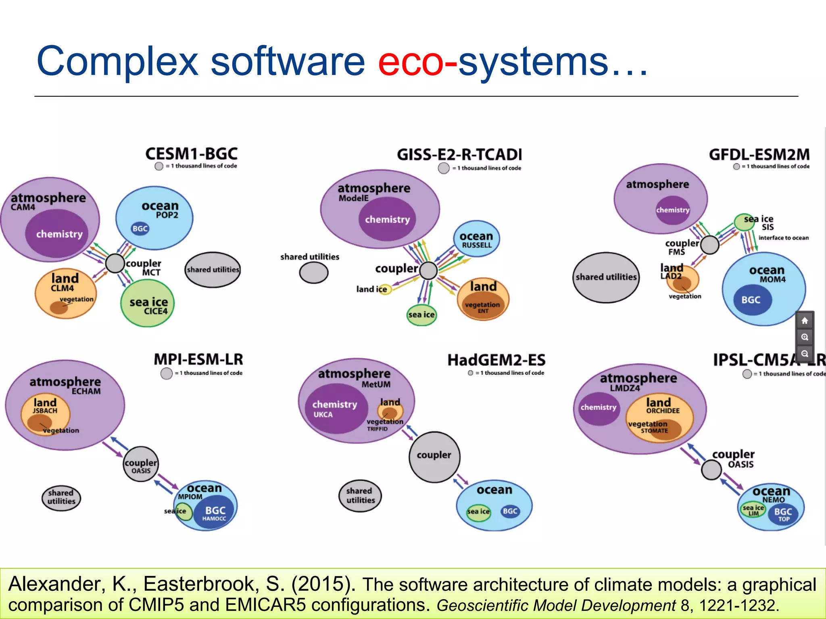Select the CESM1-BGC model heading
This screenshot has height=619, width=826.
click(x=191, y=154)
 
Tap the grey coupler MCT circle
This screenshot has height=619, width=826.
click(x=115, y=263)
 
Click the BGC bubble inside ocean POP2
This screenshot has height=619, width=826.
click(x=140, y=228)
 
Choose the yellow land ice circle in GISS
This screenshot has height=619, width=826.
click(x=385, y=289)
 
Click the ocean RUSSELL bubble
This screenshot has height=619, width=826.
click(x=476, y=239)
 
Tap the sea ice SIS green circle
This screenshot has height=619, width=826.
click(x=744, y=222)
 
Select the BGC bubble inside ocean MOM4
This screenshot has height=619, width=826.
click(x=751, y=300)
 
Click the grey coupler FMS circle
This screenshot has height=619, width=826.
click(x=710, y=245)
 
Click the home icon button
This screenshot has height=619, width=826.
click(x=805, y=321)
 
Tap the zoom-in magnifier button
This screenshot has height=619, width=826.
click(x=805, y=337)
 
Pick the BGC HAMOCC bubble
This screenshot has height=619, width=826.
click(x=215, y=513)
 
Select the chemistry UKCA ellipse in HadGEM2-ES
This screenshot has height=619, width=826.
click(x=334, y=409)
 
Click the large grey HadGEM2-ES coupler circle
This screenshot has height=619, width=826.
click(x=434, y=457)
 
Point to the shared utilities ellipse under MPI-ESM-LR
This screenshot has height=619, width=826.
click(x=61, y=498)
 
